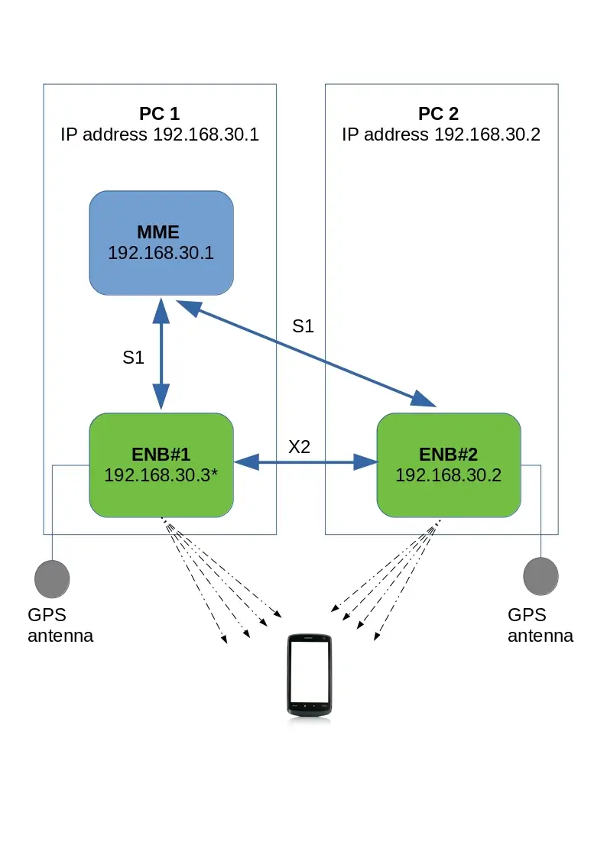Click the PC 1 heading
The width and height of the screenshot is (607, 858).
point(159,115)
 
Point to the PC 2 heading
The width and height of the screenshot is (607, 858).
point(439,115)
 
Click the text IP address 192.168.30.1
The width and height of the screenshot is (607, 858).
point(160,135)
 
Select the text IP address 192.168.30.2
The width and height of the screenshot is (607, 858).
point(441,135)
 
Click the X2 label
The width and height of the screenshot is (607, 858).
point(299,447)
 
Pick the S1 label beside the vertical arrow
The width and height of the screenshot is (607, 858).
point(133,357)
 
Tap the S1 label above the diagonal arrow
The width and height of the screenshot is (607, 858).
point(303,326)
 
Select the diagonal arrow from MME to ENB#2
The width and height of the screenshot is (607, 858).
point(306,352)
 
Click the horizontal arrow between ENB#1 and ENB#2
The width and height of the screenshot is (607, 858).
point(305,461)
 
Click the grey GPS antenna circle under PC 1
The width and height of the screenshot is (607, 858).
point(52,578)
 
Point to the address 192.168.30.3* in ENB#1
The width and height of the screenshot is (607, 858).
point(161,474)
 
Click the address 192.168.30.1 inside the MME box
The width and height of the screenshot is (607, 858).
point(161,253)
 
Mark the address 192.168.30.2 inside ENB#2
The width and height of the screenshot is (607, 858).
point(448,474)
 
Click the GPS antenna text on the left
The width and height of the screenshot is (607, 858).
point(60,625)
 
